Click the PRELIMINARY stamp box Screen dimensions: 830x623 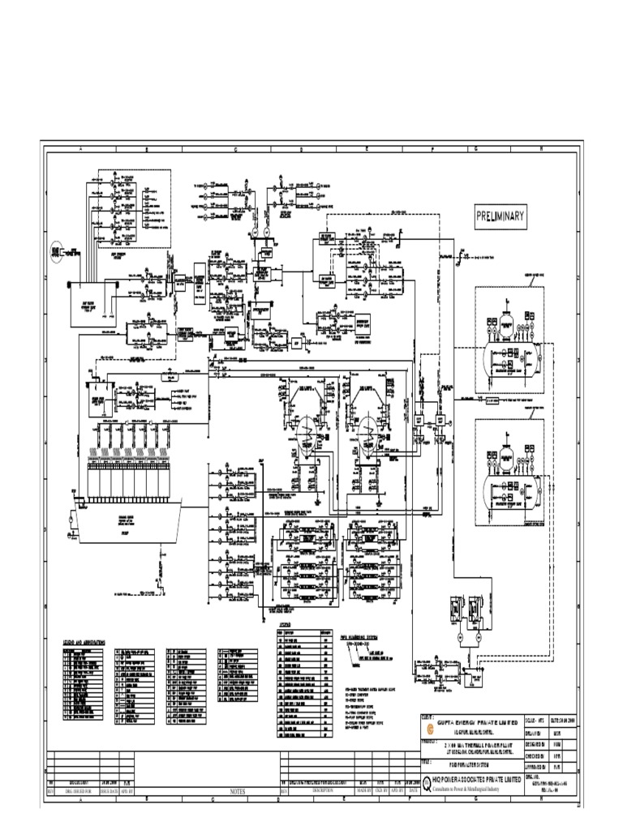[x=501, y=216]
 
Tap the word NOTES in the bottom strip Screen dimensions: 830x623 [x=237, y=790]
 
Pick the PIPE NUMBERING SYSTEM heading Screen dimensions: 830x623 [x=364, y=637]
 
